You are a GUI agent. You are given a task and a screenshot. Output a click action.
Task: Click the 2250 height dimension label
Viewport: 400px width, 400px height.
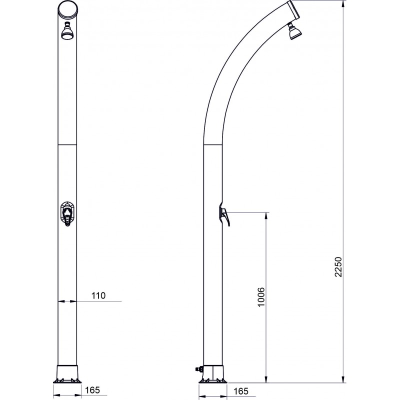338,267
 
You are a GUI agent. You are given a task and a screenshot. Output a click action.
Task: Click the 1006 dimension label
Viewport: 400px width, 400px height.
261,297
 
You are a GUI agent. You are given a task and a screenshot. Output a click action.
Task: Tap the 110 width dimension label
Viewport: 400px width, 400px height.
98,295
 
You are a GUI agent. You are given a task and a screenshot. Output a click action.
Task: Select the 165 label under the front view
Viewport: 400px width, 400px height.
92,390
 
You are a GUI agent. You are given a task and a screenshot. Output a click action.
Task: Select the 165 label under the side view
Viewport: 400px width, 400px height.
240,391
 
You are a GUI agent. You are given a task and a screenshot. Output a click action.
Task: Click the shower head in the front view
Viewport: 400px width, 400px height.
67,31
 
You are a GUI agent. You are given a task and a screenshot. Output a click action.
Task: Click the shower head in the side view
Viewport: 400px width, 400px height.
294,31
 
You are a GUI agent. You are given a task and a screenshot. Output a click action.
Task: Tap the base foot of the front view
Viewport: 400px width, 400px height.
67,374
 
